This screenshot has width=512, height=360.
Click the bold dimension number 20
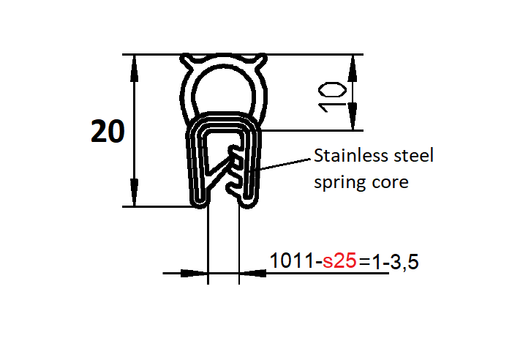pos(108,132)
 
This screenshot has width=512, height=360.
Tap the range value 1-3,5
pos(395,261)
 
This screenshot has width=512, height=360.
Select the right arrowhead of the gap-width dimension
pos(251,274)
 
